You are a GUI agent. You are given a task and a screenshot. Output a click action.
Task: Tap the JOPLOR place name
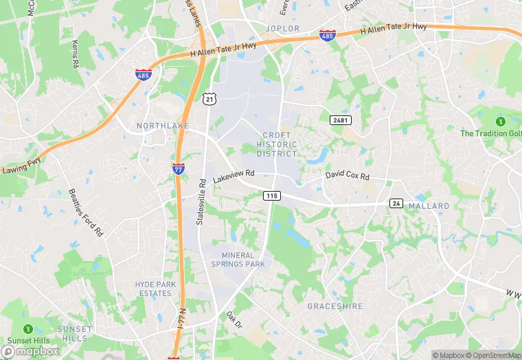[282, 29]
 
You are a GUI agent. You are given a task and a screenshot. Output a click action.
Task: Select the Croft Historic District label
[277, 144]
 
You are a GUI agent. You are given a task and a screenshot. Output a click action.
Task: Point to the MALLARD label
[429, 206]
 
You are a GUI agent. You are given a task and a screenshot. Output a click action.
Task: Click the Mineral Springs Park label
[238, 260]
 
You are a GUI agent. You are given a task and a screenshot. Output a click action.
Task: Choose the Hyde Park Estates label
[155, 289]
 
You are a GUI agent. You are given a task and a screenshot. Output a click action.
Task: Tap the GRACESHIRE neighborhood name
[334, 306]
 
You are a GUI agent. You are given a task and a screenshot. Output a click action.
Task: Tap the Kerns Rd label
[74, 54]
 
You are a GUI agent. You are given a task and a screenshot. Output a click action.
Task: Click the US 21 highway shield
[209, 100]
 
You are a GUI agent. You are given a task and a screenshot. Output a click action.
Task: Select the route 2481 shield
[340, 120]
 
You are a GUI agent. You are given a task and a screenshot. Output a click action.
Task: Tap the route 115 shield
[271, 196]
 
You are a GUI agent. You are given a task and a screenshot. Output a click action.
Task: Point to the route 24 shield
[396, 203]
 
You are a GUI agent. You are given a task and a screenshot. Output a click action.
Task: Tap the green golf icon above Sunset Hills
[28, 330]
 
